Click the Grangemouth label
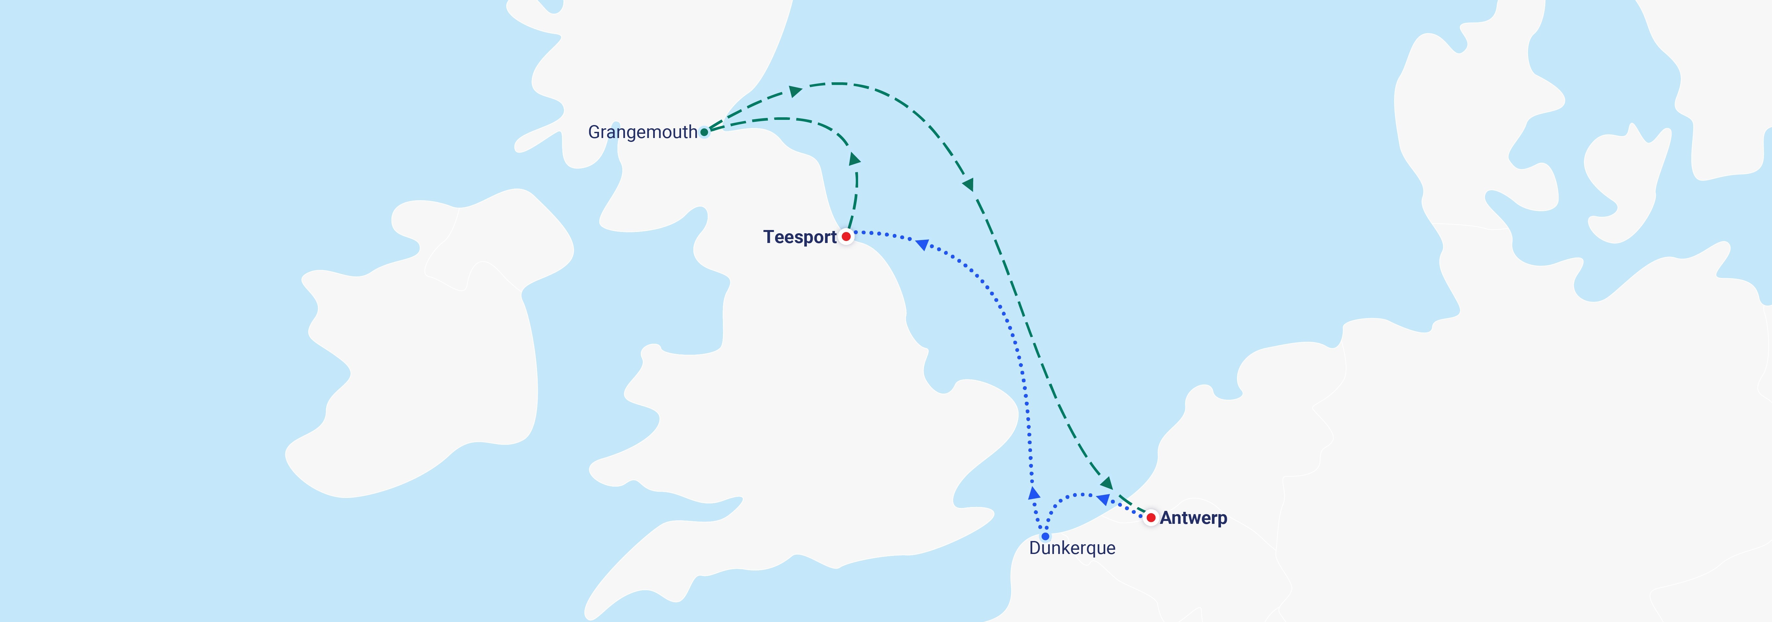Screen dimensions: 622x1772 tap(642, 132)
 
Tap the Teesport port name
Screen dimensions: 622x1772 tap(799, 237)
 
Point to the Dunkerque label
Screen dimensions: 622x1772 tap(1072, 548)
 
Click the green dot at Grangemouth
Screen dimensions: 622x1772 tap(704, 132)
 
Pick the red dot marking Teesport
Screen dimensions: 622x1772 tap(846, 236)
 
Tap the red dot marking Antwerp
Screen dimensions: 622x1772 tap(1151, 518)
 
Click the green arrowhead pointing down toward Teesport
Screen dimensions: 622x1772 tap(854, 159)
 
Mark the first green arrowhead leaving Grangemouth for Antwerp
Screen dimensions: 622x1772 tap(795, 91)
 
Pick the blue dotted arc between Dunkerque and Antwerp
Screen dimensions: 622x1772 tap(1073, 495)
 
